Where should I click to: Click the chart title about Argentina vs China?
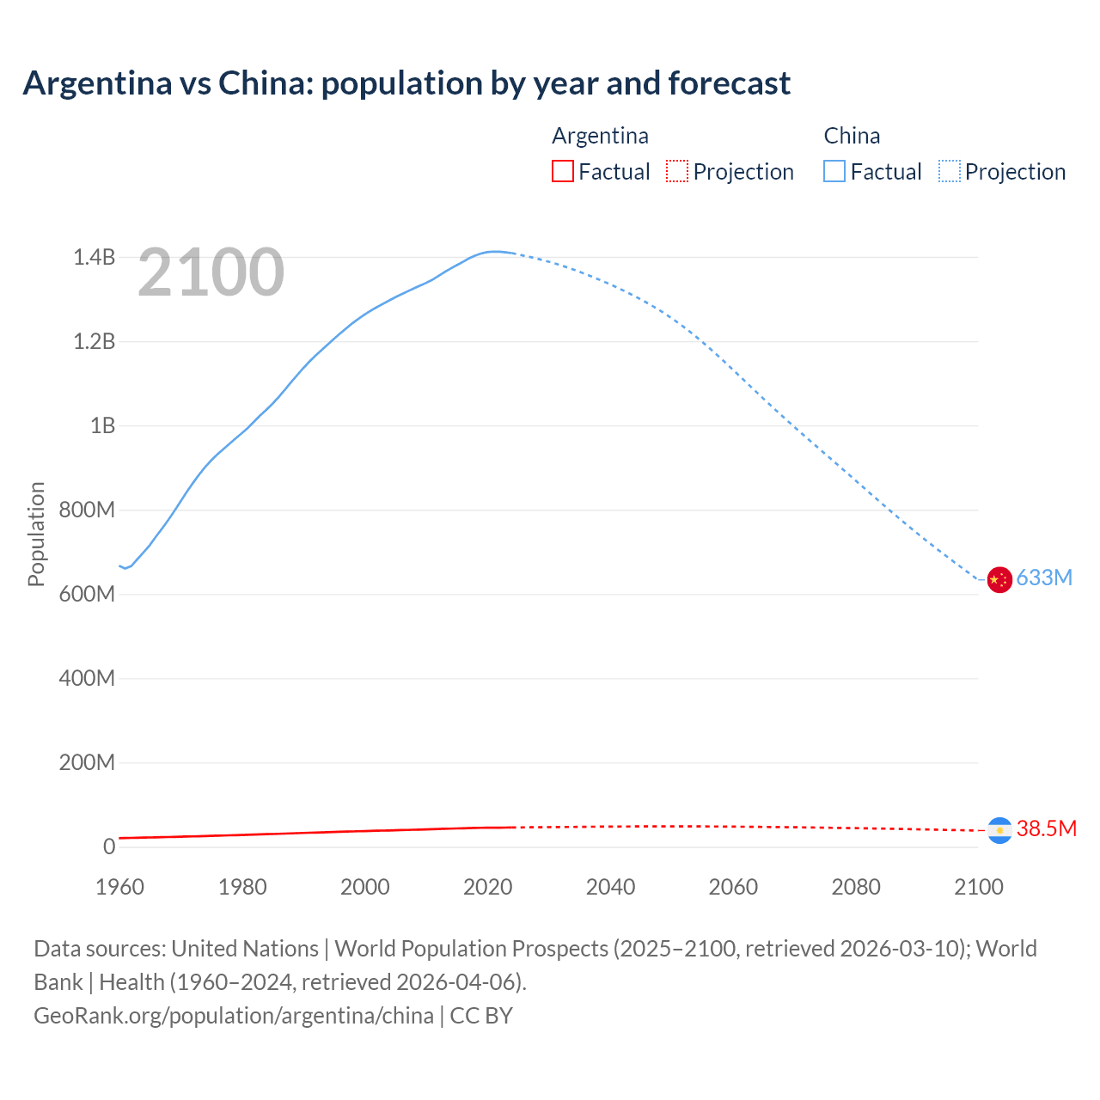click(406, 83)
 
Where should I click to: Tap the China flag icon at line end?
click(999, 579)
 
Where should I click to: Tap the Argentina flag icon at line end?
click(999, 830)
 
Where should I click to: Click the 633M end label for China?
click(1044, 578)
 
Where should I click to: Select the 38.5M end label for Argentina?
click(1046, 829)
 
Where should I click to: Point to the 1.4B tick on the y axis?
click(94, 257)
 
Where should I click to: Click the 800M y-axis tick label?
click(87, 510)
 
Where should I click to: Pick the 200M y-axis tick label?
click(87, 762)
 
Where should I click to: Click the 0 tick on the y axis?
click(108, 846)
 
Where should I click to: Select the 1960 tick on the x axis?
click(119, 887)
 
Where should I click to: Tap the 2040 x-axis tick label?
click(610, 887)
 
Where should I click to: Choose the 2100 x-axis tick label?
click(978, 887)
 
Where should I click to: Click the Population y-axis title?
click(36, 534)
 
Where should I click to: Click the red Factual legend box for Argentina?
click(562, 172)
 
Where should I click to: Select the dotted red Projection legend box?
click(677, 172)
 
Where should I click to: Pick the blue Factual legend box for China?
click(834, 172)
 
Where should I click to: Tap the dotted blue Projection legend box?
click(949, 172)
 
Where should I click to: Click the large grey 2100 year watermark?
click(211, 272)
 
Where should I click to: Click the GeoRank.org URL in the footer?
click(234, 1016)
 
